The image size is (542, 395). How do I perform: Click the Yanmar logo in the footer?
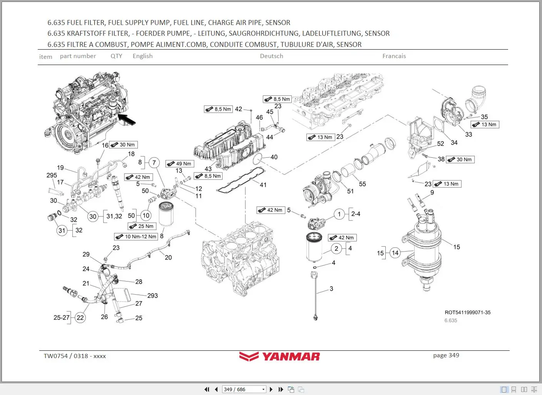pyautogui.click(x=279, y=357)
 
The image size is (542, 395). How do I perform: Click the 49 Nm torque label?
pyautogui.click(x=180, y=163)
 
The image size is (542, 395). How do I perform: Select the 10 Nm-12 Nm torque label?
pyautogui.click(x=136, y=237)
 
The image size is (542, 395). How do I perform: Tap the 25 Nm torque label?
pyautogui.click(x=142, y=226)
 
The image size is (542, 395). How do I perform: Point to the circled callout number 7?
pyautogui.click(x=154, y=163)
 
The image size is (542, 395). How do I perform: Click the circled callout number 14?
pyautogui.click(x=395, y=253)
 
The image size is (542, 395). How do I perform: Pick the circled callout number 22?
pyautogui.click(x=80, y=318)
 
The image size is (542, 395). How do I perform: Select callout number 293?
pyautogui.click(x=152, y=295)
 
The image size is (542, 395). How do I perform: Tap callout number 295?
pyautogui.click(x=52, y=175)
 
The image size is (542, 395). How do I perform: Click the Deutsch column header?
pyautogui.click(x=271, y=56)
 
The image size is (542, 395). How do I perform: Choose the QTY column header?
pyautogui.click(x=116, y=56)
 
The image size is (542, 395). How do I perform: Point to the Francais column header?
pyautogui.click(x=394, y=56)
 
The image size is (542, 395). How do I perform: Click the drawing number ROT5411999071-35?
pyautogui.click(x=467, y=312)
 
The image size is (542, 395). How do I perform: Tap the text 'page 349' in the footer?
pyautogui.click(x=446, y=355)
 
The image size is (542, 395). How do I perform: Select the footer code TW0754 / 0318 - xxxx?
pyautogui.click(x=75, y=356)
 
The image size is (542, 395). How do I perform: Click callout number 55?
pyautogui.click(x=362, y=184)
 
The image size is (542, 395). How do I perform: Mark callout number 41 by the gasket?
pyautogui.click(x=263, y=185)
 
